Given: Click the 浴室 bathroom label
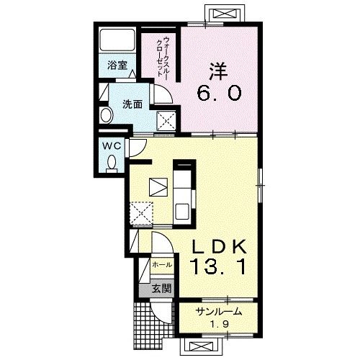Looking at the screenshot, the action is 117,66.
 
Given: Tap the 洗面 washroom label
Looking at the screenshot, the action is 132,104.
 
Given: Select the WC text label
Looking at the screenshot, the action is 112,145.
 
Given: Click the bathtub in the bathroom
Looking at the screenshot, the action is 117,40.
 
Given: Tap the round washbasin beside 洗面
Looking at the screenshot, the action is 107,115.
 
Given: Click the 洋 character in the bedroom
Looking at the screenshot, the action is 218,71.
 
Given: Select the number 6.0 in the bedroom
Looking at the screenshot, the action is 219,94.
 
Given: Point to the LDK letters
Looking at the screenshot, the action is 219,246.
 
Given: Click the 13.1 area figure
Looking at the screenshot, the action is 218,268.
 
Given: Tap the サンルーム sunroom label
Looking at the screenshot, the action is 218,312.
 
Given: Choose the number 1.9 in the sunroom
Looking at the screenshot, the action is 220,324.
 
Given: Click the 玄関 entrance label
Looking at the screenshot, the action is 162,289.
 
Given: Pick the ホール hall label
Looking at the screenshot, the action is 162,265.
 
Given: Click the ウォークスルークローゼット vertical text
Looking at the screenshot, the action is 162,56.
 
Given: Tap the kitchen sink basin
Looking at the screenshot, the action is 182,211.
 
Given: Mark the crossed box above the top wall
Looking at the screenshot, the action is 225,14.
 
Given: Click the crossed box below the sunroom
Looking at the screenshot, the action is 201,346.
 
